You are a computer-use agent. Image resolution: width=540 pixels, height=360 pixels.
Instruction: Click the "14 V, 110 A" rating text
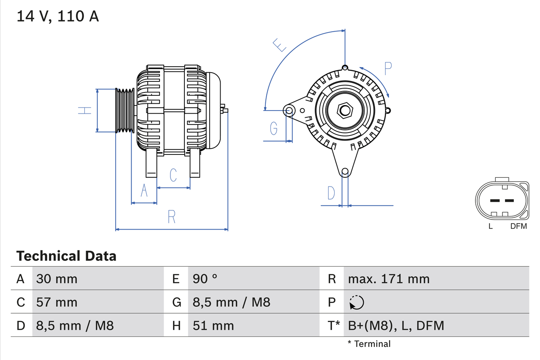(x=57, y=16)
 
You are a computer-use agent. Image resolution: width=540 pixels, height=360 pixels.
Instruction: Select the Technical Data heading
(x=66, y=256)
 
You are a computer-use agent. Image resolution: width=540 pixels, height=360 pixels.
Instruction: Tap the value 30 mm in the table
(x=57, y=279)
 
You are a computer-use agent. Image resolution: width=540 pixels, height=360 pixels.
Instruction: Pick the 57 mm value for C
(x=57, y=302)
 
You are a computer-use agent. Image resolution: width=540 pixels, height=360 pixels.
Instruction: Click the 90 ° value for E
(x=205, y=279)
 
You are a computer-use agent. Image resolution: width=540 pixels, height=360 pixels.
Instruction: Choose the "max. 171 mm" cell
(x=389, y=279)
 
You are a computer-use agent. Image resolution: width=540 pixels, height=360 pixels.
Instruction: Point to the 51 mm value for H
(x=213, y=325)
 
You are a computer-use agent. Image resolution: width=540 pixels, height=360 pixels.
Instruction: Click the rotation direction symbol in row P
(x=356, y=302)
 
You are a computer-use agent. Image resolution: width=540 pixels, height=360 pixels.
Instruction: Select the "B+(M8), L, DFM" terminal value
(x=396, y=325)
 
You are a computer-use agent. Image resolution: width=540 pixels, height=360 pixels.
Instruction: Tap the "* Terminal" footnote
(x=369, y=344)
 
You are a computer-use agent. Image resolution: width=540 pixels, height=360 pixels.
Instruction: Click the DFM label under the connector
(x=518, y=226)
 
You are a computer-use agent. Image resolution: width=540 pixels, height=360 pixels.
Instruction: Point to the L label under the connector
(x=490, y=226)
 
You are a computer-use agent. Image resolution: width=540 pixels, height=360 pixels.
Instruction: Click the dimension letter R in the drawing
(x=171, y=217)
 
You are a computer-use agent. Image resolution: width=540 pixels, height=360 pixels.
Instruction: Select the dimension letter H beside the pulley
(x=85, y=111)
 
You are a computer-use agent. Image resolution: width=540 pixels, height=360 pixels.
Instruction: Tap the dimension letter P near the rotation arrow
(x=388, y=68)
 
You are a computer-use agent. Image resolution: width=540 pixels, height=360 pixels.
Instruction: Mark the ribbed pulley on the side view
(x=125, y=111)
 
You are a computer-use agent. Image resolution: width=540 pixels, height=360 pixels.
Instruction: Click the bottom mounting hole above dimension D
(x=345, y=171)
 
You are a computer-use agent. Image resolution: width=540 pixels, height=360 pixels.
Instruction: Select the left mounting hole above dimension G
(x=289, y=111)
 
